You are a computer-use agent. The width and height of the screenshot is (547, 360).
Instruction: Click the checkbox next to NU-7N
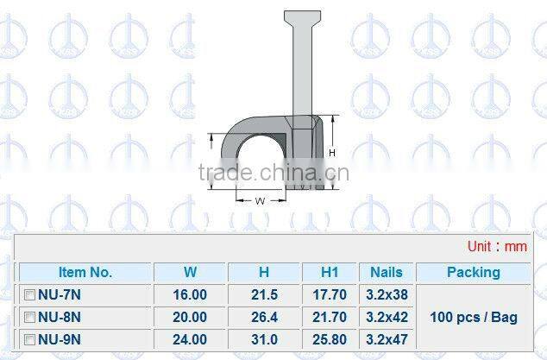click(x=29, y=294)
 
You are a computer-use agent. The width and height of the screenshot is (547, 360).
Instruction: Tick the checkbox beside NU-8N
click(x=29, y=317)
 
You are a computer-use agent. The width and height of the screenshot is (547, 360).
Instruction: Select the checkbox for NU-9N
click(x=29, y=339)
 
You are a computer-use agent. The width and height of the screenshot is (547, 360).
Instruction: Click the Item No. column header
click(x=85, y=272)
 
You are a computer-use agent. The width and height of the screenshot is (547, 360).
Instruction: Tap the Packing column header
click(x=473, y=272)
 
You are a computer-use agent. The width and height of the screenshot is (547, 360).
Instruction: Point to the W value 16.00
click(x=191, y=294)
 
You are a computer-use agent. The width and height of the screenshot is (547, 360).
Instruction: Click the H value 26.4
click(x=264, y=317)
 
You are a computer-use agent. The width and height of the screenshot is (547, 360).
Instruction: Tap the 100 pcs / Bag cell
click(x=473, y=317)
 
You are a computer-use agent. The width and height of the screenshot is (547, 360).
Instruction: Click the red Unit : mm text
click(x=497, y=246)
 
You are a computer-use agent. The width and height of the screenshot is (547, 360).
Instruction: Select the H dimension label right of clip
click(x=331, y=152)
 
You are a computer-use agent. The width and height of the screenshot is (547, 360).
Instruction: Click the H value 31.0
click(x=264, y=339)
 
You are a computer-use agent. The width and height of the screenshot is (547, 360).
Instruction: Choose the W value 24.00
click(x=191, y=339)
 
